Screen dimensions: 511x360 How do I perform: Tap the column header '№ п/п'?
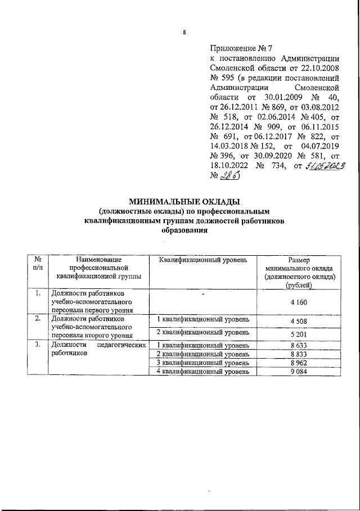click(x=38, y=264)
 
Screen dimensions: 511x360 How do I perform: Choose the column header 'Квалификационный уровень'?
click(x=202, y=259)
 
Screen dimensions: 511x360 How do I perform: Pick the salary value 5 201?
click(x=299, y=335)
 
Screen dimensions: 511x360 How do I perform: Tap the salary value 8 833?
click(x=299, y=355)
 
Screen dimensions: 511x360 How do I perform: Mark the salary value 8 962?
click(x=299, y=363)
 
